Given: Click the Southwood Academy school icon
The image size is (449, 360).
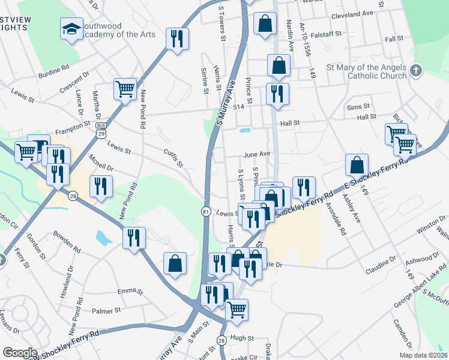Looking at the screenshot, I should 71,28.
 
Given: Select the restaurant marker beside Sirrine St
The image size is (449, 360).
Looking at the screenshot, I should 177,39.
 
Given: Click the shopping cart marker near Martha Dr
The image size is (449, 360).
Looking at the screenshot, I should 125,89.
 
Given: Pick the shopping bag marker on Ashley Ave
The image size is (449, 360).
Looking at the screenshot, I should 357,164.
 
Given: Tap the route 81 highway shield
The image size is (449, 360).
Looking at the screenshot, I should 206,212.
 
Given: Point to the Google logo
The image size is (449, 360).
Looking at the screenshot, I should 20,353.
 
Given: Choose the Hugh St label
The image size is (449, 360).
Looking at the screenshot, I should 243,338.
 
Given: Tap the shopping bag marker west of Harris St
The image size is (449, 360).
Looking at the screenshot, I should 175,263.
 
